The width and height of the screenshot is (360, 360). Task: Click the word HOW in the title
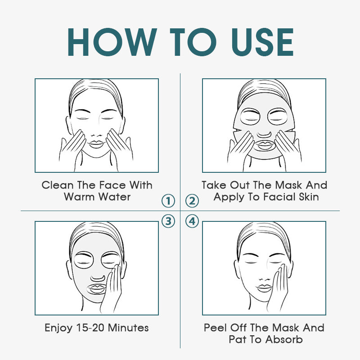pyautogui.click(x=112, y=42)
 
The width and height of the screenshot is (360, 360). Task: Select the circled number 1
pyautogui.click(x=168, y=201)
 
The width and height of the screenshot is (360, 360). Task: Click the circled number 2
pyautogui.click(x=192, y=201)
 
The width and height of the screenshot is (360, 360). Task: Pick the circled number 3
pyautogui.click(x=168, y=221)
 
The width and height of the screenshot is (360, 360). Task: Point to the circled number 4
pyautogui.click(x=192, y=221)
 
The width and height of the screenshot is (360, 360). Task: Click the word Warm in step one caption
pyautogui.click(x=79, y=197)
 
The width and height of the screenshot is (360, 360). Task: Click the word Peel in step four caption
pyautogui.click(x=215, y=328)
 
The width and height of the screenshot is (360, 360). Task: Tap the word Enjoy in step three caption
pyautogui.click(x=58, y=328)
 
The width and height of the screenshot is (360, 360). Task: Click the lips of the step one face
pyautogui.click(x=96, y=144)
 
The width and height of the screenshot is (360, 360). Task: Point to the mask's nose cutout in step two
pyautogui.click(x=264, y=134)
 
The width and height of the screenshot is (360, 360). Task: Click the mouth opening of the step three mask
pyautogui.click(x=96, y=289)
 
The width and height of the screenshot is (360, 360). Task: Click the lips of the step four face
pyautogui.click(x=264, y=288)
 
